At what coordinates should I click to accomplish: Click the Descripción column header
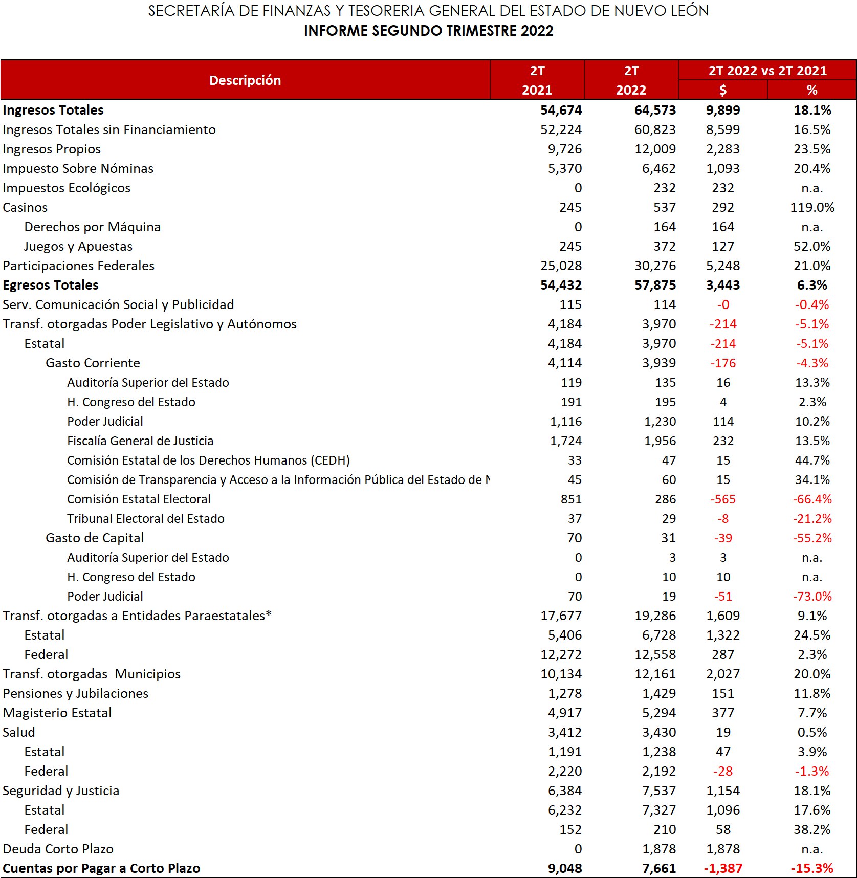point(245,80)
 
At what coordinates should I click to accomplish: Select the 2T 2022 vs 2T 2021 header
point(767,71)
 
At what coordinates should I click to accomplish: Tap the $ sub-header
point(722,90)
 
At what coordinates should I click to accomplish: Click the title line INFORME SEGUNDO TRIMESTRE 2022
point(428,31)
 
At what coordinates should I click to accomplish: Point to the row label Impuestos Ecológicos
point(67,188)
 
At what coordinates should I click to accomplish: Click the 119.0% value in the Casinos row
point(812,207)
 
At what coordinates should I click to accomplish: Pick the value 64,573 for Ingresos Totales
point(655,110)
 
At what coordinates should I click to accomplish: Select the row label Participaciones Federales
point(78,266)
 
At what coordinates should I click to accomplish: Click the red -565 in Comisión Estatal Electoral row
point(722,499)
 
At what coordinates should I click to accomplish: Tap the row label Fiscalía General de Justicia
point(140,441)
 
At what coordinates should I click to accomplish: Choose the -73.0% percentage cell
point(812,596)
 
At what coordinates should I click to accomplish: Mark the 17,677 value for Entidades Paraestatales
point(561,616)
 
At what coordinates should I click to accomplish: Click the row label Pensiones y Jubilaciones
point(75,693)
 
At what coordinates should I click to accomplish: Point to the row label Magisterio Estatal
point(57,713)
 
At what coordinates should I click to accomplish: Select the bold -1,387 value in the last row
point(722,868)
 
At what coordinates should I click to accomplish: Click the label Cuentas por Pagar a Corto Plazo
point(101,868)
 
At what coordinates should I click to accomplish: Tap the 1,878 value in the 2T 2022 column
point(659,849)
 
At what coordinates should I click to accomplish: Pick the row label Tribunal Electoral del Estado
point(146,518)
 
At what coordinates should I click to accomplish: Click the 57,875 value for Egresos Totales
point(655,285)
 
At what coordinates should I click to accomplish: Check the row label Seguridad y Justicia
point(61,791)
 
